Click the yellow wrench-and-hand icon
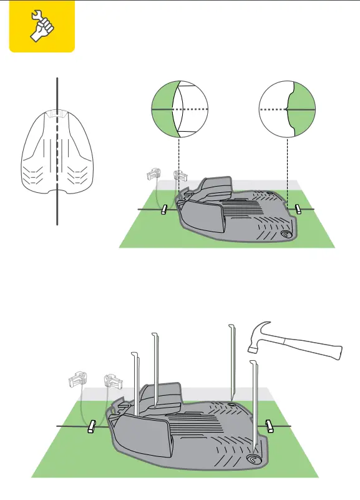point(41,26)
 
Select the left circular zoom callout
point(180,109)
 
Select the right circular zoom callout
point(286,109)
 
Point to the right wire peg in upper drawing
point(299,208)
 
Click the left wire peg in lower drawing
point(92,426)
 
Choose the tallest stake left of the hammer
point(233,362)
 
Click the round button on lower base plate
point(254,459)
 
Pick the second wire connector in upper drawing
point(179,176)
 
